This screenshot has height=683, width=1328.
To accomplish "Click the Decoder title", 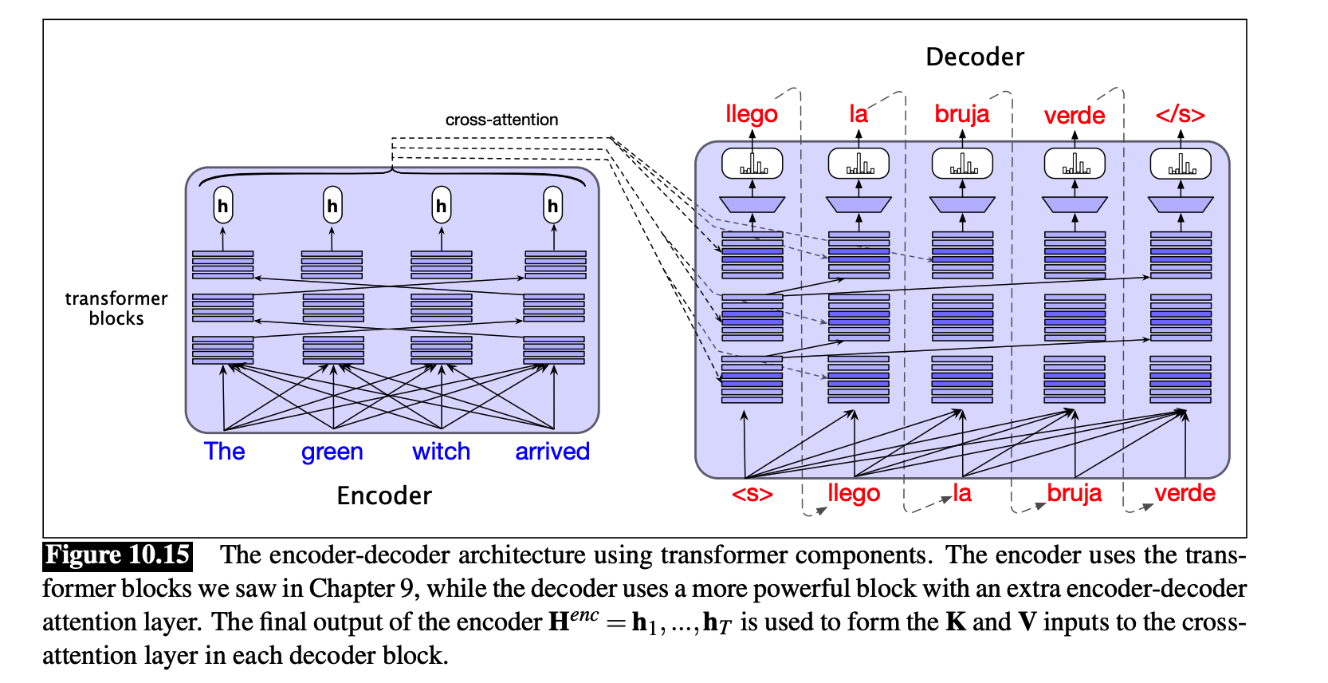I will pyautogui.click(x=974, y=57).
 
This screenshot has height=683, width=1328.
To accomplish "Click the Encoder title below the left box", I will pyautogui.click(x=383, y=495).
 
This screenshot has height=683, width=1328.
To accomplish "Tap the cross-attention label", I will pyautogui.click(x=501, y=120).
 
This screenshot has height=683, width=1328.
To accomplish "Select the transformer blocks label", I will pyautogui.click(x=116, y=308).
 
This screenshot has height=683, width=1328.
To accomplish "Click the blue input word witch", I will pyautogui.click(x=441, y=452).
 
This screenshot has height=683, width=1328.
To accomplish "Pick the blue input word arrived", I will pyautogui.click(x=552, y=452).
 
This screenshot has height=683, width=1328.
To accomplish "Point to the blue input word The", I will pyautogui.click(x=224, y=452).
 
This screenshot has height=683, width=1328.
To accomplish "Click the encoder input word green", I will pyautogui.click(x=332, y=452).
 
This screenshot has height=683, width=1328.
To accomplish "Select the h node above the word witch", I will pyautogui.click(x=441, y=206).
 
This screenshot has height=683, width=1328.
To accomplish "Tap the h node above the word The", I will pyautogui.click(x=223, y=206).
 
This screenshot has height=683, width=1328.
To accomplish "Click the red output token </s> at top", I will pyautogui.click(x=1180, y=115).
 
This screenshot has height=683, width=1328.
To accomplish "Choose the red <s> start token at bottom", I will pyautogui.click(x=752, y=494).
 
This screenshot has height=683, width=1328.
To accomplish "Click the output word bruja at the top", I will pyautogui.click(x=961, y=114).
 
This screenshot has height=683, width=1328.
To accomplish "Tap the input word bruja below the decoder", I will pyautogui.click(x=1074, y=493).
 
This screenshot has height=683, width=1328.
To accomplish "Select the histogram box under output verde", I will pyautogui.click(x=1075, y=164).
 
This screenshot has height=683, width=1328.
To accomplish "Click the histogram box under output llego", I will pyautogui.click(x=752, y=164).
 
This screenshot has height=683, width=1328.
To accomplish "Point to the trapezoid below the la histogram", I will pyautogui.click(x=858, y=204).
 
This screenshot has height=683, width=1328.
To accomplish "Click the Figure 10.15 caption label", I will pyautogui.click(x=118, y=555).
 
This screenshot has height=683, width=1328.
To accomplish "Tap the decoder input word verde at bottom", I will pyautogui.click(x=1185, y=493).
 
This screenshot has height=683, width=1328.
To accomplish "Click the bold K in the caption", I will pyautogui.click(x=956, y=622).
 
